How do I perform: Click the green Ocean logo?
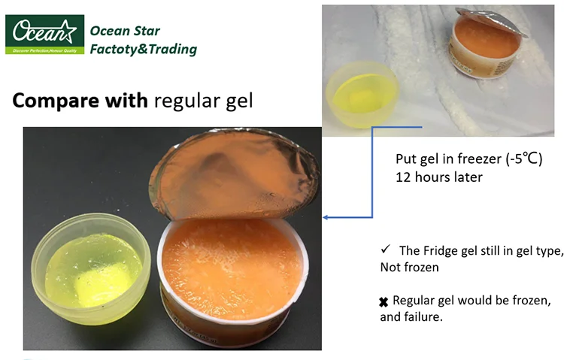[44, 34]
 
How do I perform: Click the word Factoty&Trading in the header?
[143, 50]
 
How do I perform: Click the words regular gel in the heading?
[203, 101]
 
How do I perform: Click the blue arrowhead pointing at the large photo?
[326, 218]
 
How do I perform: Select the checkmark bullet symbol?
[385, 250]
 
